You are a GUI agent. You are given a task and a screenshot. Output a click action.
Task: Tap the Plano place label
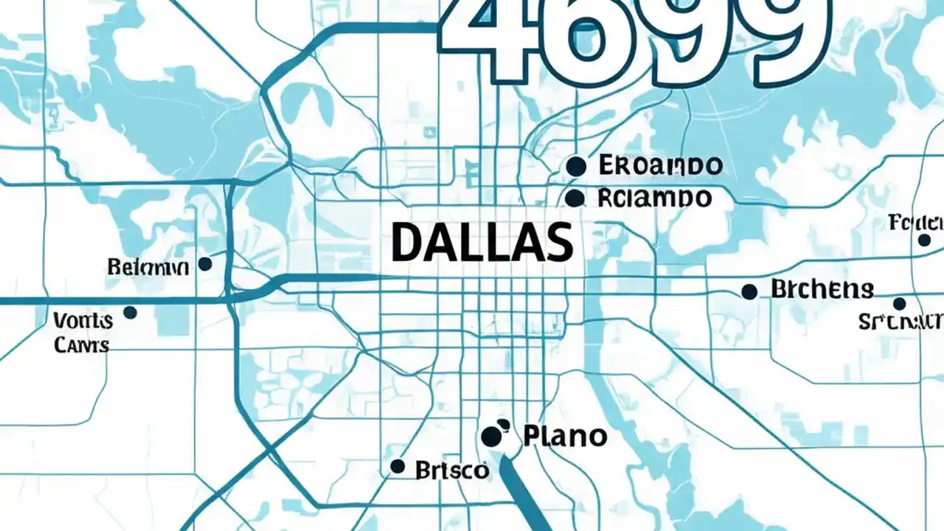(x=565, y=437)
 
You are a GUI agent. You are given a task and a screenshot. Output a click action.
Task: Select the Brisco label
(x=452, y=469)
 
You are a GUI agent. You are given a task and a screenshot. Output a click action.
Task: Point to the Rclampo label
(x=654, y=198)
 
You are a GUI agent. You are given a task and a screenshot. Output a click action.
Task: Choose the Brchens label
(x=822, y=290)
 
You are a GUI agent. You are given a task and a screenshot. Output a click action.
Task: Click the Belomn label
(x=147, y=266)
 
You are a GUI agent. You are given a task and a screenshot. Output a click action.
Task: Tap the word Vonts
(x=83, y=321)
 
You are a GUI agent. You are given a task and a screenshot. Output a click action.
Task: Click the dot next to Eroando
(x=576, y=167)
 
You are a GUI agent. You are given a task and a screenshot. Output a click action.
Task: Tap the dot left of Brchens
(x=749, y=291)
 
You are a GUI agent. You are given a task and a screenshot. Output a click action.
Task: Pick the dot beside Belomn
(x=206, y=264)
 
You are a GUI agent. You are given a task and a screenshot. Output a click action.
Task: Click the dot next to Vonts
(x=131, y=313)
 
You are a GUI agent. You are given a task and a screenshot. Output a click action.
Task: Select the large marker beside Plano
(x=493, y=436)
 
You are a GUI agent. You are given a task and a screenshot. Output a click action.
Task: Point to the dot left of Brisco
(x=398, y=466)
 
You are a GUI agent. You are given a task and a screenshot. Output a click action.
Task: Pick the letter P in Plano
(x=532, y=437)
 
